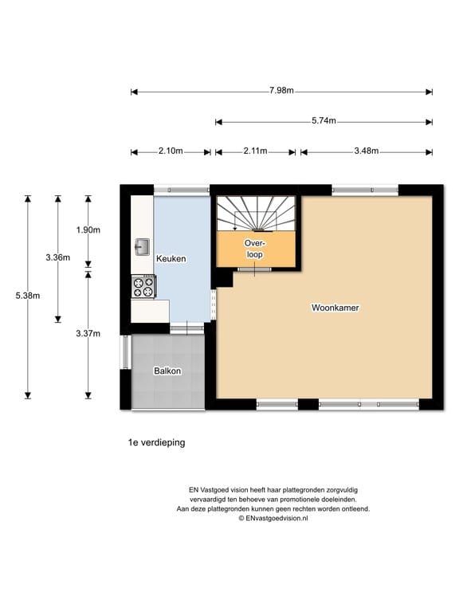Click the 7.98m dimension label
click(x=281, y=91)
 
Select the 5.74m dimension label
click(x=324, y=120)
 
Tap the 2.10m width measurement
click(x=171, y=151)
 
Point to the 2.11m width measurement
click(x=255, y=151)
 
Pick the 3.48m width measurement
click(x=366, y=151)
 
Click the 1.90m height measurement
click(x=88, y=229)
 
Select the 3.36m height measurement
click(x=57, y=257)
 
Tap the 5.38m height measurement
click(x=28, y=296)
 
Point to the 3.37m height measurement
click(x=88, y=333)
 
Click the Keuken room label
click(x=171, y=259)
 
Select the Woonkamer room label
click(x=335, y=308)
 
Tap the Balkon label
click(x=167, y=371)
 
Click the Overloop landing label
click(x=255, y=249)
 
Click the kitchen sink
click(x=142, y=247)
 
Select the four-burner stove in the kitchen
click(x=143, y=287)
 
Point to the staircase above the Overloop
click(x=256, y=214)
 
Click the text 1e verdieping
click(x=156, y=442)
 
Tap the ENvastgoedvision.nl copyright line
click(x=273, y=518)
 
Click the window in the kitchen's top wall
click(x=182, y=190)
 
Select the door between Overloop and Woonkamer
click(x=254, y=269)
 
